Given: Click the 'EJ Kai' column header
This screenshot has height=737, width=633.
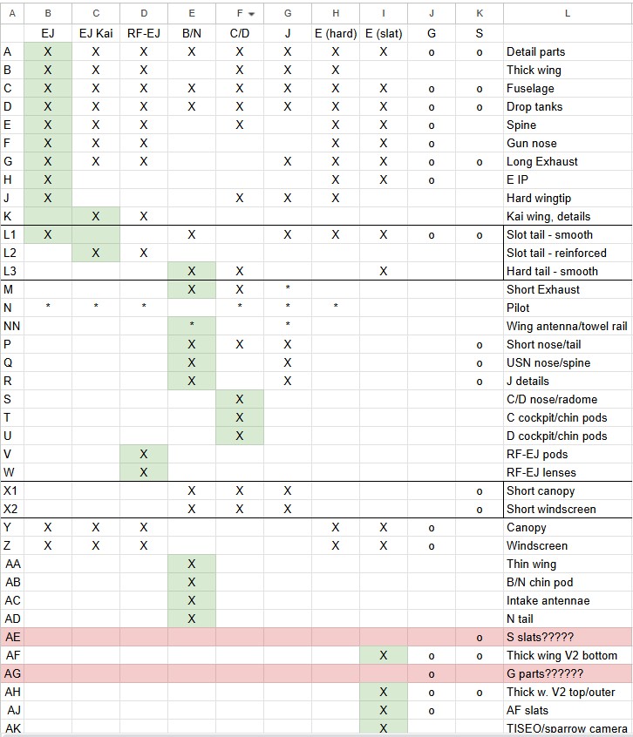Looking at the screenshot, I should [x=96, y=33].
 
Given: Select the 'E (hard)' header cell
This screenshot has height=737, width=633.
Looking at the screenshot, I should [x=335, y=33].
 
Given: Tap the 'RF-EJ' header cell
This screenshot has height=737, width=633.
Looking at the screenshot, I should [x=144, y=33].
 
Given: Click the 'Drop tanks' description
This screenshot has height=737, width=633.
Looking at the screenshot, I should [x=534, y=106].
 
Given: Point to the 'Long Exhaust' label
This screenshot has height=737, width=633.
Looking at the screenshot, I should [x=541, y=161].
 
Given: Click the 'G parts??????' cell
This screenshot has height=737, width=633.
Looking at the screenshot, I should [x=545, y=673].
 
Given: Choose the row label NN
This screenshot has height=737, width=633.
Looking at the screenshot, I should [x=12, y=326].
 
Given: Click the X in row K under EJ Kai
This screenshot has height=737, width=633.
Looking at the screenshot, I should [x=96, y=216].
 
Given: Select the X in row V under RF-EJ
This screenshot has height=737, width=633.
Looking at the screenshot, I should [x=144, y=454].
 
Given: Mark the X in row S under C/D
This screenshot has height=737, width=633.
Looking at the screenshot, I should [x=240, y=399].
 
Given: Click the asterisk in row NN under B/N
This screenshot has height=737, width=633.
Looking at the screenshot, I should [x=192, y=326].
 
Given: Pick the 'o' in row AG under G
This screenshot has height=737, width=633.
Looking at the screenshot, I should [x=432, y=673].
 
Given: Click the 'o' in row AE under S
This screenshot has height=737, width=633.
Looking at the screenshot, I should [x=480, y=637].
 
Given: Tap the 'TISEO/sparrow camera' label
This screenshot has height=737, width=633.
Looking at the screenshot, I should [x=567, y=728].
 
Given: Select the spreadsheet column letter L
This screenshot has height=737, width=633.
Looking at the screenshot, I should [x=568, y=13].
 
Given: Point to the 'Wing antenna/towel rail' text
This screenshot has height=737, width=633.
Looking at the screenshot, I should [x=567, y=326].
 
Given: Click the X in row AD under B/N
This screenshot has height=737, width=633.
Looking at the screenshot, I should [x=192, y=619].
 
